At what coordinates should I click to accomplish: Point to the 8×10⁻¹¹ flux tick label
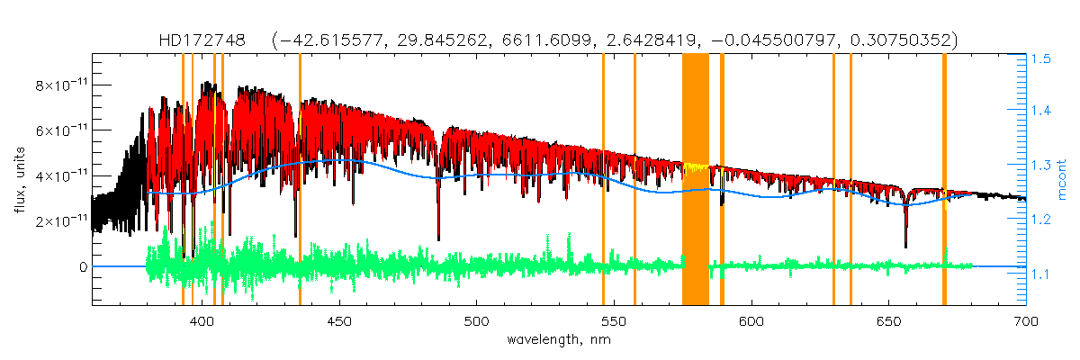pyautogui.click(x=61, y=85)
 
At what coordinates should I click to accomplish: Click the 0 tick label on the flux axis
pyautogui.click(x=84, y=267)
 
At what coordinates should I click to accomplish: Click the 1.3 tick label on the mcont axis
pyautogui.click(x=1041, y=166)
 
